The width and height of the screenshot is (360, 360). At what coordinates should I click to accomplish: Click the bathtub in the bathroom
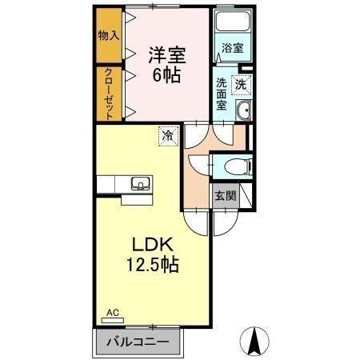click(x=233, y=25)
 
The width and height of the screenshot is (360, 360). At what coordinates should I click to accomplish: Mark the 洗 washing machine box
click(x=240, y=83)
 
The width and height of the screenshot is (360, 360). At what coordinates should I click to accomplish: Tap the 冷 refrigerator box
click(x=168, y=137)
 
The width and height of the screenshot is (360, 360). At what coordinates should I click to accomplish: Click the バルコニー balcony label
click(x=140, y=342)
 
